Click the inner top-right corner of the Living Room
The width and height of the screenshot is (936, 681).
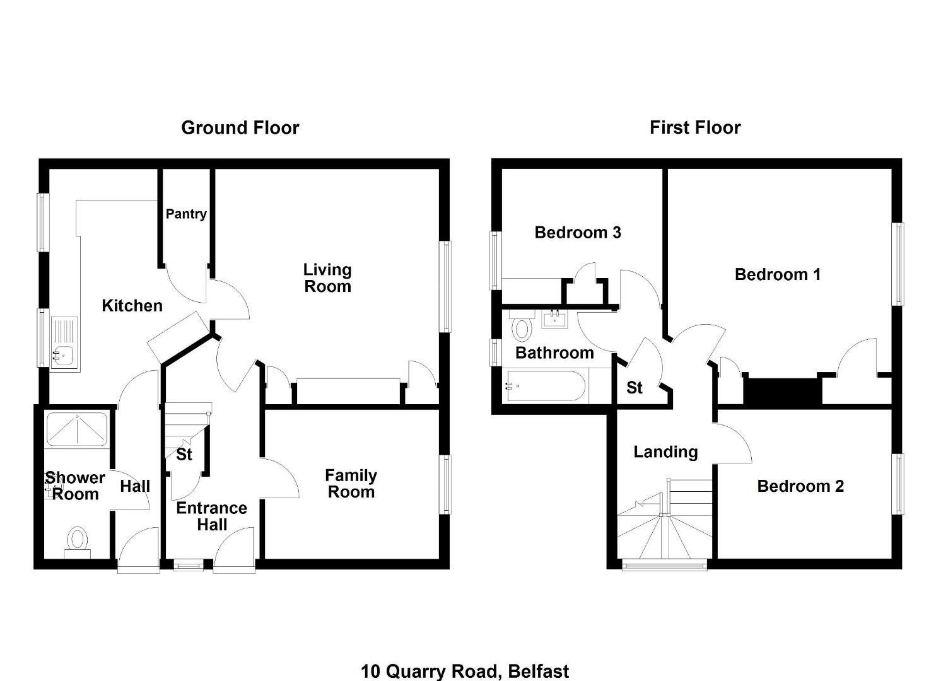439,169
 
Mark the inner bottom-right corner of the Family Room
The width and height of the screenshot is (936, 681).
439,559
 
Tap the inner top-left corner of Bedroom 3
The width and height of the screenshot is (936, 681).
501,169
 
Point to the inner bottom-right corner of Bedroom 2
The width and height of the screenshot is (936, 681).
892,559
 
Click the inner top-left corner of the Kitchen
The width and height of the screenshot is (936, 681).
49,169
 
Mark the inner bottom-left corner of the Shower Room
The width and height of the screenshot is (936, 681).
44,559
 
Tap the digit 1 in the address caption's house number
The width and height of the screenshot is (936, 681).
365,672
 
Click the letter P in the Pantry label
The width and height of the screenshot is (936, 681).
170,214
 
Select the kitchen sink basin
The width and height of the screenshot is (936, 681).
62,356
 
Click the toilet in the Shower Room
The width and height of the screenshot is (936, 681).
78,542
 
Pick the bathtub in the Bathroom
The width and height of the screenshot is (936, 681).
545,386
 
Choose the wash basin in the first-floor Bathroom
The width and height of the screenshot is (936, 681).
555,319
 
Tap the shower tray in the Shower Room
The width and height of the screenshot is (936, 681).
77,429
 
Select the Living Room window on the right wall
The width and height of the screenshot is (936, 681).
447,287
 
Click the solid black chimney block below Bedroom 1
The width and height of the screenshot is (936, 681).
783,392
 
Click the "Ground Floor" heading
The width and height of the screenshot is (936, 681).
240,128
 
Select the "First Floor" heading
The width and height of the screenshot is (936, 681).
695,127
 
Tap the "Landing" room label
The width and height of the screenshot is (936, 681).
665,452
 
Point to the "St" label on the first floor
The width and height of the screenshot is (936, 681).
635,388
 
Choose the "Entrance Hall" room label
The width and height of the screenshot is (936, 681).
212,516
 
